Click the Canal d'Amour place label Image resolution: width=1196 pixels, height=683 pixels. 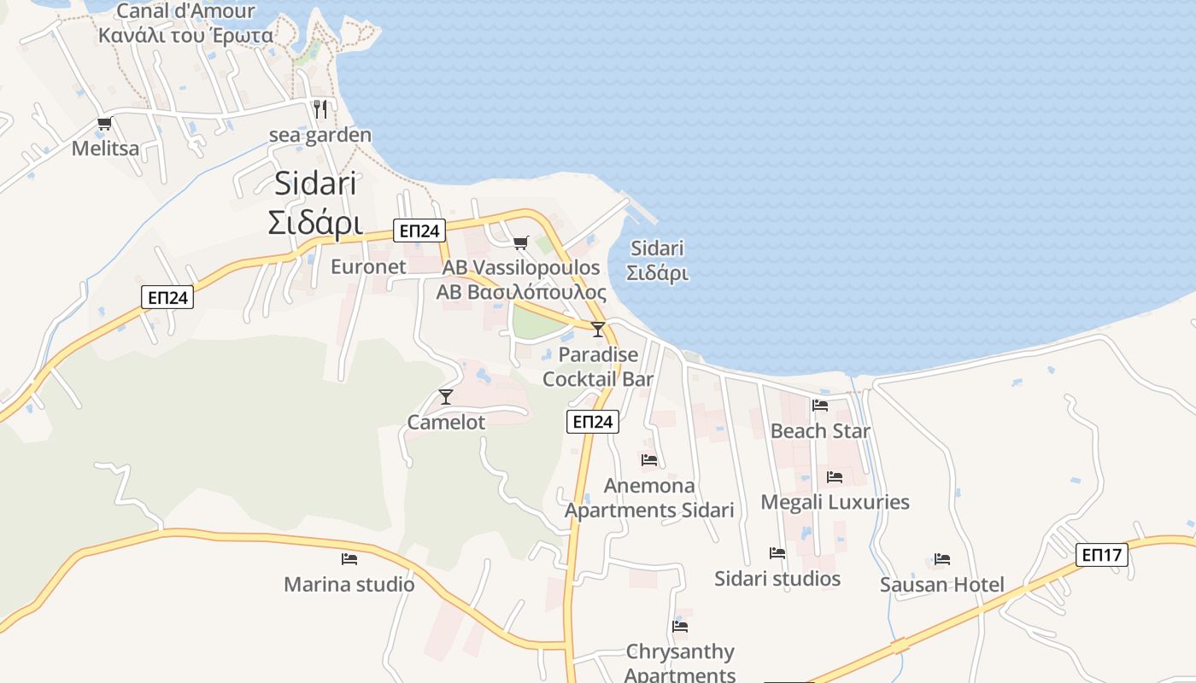(x=185, y=23)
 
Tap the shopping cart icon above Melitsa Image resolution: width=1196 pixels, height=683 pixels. (x=104, y=124)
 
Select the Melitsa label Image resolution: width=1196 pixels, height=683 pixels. (x=105, y=149)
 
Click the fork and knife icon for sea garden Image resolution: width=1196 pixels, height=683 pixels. (x=320, y=109)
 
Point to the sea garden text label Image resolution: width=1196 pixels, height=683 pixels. (x=320, y=135)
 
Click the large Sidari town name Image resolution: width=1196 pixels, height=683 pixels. (x=315, y=203)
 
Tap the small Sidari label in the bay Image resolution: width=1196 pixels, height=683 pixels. (x=657, y=260)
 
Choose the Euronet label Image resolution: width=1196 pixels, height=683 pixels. (x=368, y=266)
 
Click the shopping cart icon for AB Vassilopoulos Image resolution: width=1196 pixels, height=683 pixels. (x=521, y=242)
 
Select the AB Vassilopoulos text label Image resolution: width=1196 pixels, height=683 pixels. (x=521, y=279)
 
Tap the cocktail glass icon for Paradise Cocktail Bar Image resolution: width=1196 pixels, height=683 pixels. (x=598, y=329)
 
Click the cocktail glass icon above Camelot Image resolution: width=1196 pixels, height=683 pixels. (x=445, y=396)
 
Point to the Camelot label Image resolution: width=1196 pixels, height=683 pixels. (x=446, y=422)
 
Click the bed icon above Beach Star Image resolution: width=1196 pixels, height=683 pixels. (x=820, y=406)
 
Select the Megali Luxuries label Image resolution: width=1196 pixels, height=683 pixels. (x=835, y=502)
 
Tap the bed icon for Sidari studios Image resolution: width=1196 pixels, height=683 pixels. (x=777, y=553)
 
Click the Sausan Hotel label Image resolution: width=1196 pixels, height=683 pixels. (x=942, y=585)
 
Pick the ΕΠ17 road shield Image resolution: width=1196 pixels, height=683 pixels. (x=1101, y=555)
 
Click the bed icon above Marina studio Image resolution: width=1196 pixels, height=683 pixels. (x=349, y=559)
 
